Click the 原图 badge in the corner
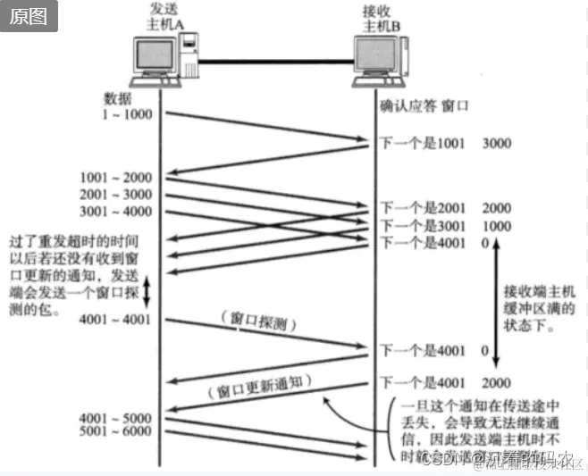pyautogui.click(x=29, y=18)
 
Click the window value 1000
pyautogui.click(x=498, y=225)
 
